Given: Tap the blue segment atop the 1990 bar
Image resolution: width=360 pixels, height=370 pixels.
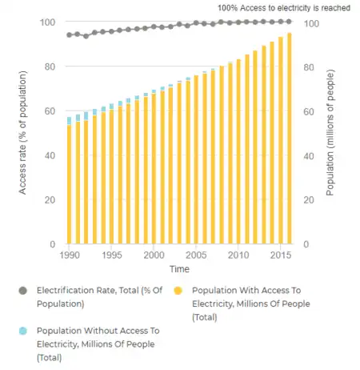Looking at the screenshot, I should [x=70, y=121].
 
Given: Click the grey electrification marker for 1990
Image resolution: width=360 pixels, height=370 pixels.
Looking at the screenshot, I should [x=70, y=35].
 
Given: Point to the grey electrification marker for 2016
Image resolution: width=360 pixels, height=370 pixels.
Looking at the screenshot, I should [x=289, y=22].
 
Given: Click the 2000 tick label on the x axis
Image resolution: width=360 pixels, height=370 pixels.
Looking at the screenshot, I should [x=154, y=255].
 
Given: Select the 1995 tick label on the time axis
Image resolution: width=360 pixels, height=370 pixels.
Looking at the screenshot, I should [x=112, y=255].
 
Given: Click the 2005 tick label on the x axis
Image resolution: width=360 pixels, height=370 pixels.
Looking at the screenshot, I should [x=196, y=255].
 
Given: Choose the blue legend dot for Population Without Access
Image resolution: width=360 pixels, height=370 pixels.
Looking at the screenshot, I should [x=22, y=330].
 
